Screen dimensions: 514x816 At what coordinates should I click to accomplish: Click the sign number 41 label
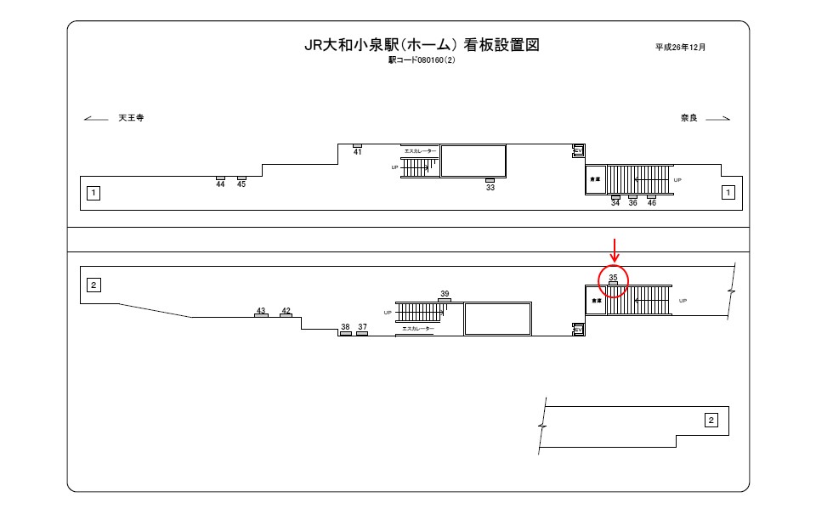[x=357, y=152]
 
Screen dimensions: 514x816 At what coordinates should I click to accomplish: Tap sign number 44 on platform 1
[x=220, y=184]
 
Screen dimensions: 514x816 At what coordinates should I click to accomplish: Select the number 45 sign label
[x=241, y=184]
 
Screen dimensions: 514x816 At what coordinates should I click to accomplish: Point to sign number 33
[x=490, y=187]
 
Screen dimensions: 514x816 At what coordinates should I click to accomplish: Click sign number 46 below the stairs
[x=651, y=203]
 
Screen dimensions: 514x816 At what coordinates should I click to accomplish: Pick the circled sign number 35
[x=613, y=278]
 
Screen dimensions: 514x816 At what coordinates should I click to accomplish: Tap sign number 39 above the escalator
[x=445, y=294]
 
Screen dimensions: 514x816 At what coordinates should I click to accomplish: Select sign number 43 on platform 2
[x=261, y=311]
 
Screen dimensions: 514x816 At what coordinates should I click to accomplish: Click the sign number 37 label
[x=362, y=327]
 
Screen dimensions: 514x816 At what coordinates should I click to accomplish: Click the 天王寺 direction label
[x=131, y=118]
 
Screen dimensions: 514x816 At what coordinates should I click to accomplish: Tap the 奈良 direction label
[x=688, y=118]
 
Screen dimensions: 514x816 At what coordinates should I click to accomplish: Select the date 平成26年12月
[x=680, y=47]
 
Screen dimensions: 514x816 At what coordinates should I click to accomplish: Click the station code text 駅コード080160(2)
[x=422, y=60]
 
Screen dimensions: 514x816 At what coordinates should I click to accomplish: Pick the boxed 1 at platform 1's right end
[x=727, y=193]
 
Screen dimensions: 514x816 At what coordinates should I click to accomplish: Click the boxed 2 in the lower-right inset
[x=711, y=419]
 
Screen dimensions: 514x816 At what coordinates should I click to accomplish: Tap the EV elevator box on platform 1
[x=578, y=150]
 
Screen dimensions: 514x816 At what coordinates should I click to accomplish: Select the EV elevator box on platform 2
[x=578, y=329]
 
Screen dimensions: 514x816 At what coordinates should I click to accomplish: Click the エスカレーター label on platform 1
[x=420, y=151]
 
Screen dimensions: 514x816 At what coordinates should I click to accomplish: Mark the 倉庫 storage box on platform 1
[x=595, y=180]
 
